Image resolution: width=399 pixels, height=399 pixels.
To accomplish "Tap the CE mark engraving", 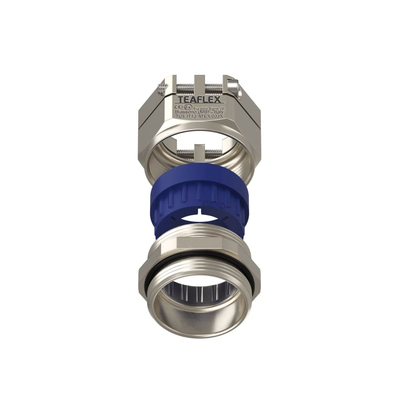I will (x=179, y=106).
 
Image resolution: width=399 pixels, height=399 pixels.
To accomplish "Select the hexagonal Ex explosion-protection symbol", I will (x=188, y=106).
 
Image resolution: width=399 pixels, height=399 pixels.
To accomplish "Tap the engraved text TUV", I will (x=182, y=118).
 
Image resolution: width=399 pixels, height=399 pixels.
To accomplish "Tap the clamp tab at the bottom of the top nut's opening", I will (x=199, y=149).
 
